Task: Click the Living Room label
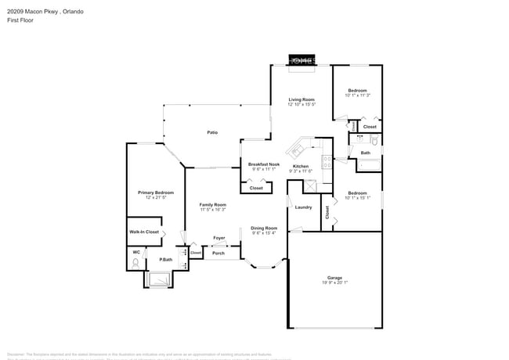(x=301, y=99)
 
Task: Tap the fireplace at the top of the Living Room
(x=301, y=60)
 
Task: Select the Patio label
(x=211, y=133)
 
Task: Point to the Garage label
(x=334, y=278)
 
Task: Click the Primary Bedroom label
(x=156, y=193)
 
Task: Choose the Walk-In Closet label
(x=144, y=232)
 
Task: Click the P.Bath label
(x=166, y=259)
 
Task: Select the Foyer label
(x=219, y=237)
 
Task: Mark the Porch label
(x=218, y=253)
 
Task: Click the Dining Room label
(x=264, y=228)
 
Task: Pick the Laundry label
(x=303, y=207)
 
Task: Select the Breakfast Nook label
(x=264, y=164)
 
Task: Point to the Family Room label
(x=212, y=204)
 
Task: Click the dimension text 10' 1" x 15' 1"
(x=357, y=198)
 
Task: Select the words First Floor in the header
(x=18, y=21)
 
